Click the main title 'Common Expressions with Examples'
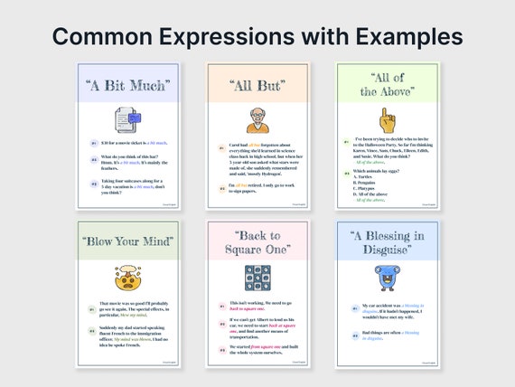click(257, 35)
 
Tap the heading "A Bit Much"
click(127, 86)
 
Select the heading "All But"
click(257, 86)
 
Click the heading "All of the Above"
click(387, 85)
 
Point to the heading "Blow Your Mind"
click(127, 242)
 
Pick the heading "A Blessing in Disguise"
click(387, 243)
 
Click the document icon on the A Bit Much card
click(127, 118)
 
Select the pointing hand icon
click(387, 119)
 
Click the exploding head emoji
click(127, 278)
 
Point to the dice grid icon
click(257, 278)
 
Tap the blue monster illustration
click(387, 277)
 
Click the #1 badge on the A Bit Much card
click(93, 143)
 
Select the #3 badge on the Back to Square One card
click(222, 347)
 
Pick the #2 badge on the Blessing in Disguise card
click(351, 335)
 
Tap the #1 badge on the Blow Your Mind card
click(92, 308)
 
